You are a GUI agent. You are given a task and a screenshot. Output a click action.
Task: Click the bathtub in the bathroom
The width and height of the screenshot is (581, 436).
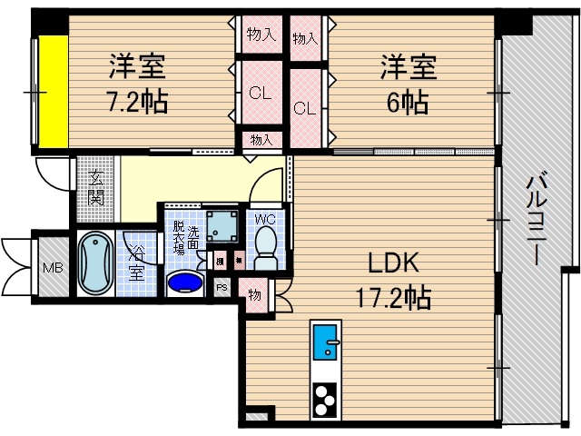pyautogui.click(x=94, y=263)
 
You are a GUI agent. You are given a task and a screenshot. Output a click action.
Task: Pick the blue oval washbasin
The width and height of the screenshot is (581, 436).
pyautogui.click(x=186, y=282)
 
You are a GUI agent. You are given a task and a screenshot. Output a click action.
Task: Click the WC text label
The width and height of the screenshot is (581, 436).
pyautogui.click(x=265, y=218)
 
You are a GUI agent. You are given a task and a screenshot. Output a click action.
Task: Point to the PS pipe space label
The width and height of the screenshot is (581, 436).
pyautogui.click(x=221, y=287)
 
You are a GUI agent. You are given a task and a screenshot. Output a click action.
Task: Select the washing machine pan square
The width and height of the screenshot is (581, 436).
pyautogui.click(x=222, y=223)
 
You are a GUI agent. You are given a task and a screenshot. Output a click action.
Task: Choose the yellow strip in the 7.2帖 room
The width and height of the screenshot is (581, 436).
pyautogui.click(x=50, y=93)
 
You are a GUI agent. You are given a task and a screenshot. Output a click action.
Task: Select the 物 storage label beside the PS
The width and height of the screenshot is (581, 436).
pyautogui.click(x=255, y=295)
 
